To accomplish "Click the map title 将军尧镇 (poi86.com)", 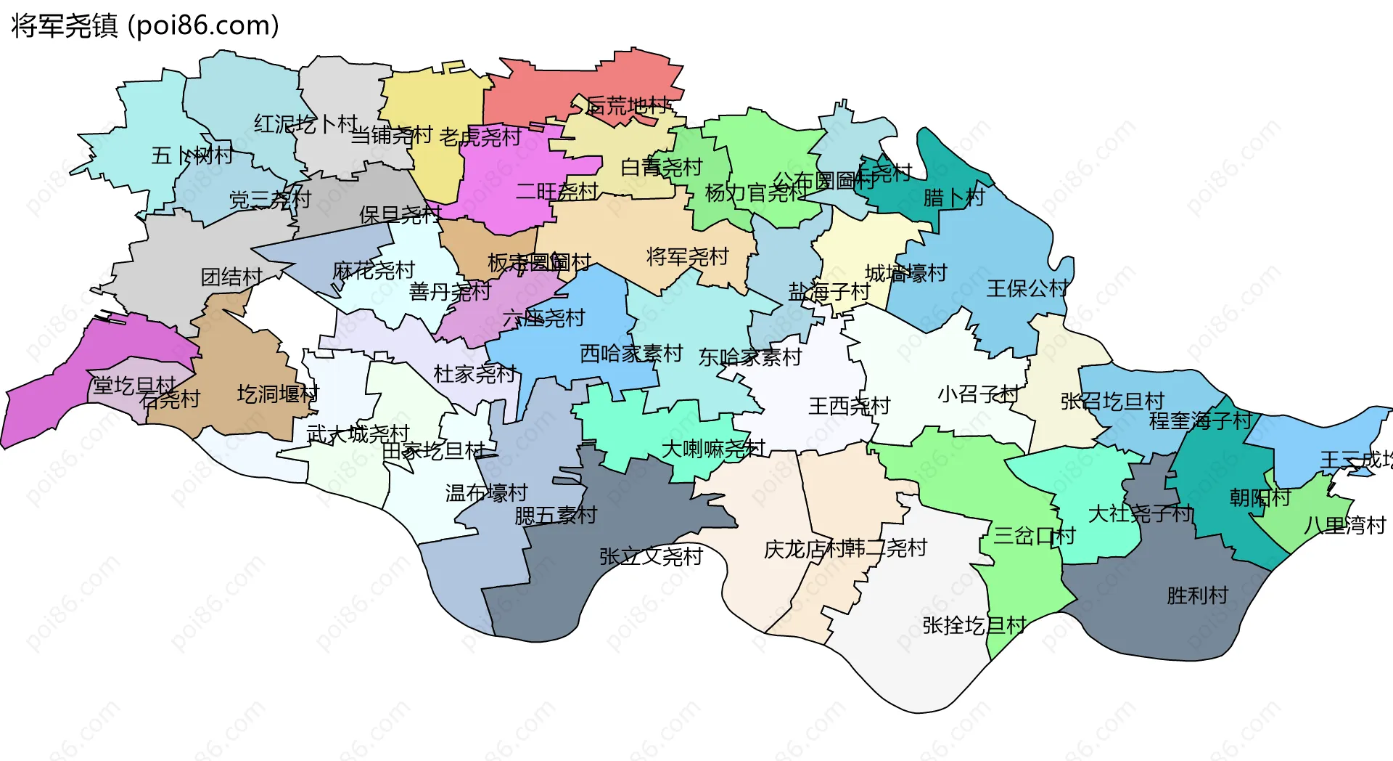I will (145, 25).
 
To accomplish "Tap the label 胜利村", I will (1197, 595).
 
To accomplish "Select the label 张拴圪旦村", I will (974, 624).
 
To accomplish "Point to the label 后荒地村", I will (628, 106).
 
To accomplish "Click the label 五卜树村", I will (192, 155).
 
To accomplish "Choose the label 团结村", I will (231, 277).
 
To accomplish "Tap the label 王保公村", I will (1027, 288).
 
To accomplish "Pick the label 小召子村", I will (978, 394).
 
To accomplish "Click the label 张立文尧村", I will (651, 556).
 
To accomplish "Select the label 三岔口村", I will (1034, 536).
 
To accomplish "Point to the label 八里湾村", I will (1345, 525).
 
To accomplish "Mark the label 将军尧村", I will (687, 256).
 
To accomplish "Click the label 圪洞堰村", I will (278, 394).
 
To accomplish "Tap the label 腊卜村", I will (953, 197).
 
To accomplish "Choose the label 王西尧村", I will (849, 405).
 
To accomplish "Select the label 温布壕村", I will (486, 493).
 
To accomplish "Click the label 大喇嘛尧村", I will (713, 449).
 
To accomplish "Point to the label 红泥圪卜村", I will (305, 124).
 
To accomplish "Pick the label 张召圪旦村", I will (1112, 401).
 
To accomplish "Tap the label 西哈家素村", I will (631, 354).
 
